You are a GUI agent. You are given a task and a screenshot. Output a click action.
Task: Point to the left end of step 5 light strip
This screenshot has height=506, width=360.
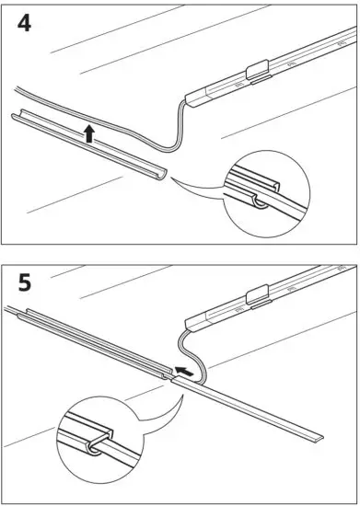190,324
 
